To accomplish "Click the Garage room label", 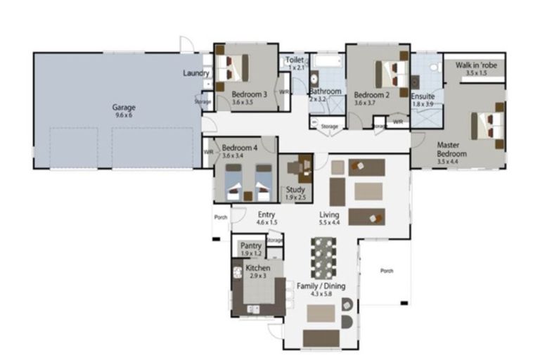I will click(124, 108).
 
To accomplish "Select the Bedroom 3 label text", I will click(249, 95).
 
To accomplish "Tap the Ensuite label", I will click(423, 96).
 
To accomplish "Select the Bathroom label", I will click(326, 91).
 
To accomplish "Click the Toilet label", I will click(295, 60).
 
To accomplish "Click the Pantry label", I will click(251, 245).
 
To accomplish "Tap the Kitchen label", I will click(257, 268).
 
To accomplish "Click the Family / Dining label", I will click(319, 287).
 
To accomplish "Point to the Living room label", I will click(329, 214).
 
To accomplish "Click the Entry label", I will click(266, 215).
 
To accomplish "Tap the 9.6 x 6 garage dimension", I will click(124, 116).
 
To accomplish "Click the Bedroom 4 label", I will click(239, 148).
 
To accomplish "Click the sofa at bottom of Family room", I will click(321, 338).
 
